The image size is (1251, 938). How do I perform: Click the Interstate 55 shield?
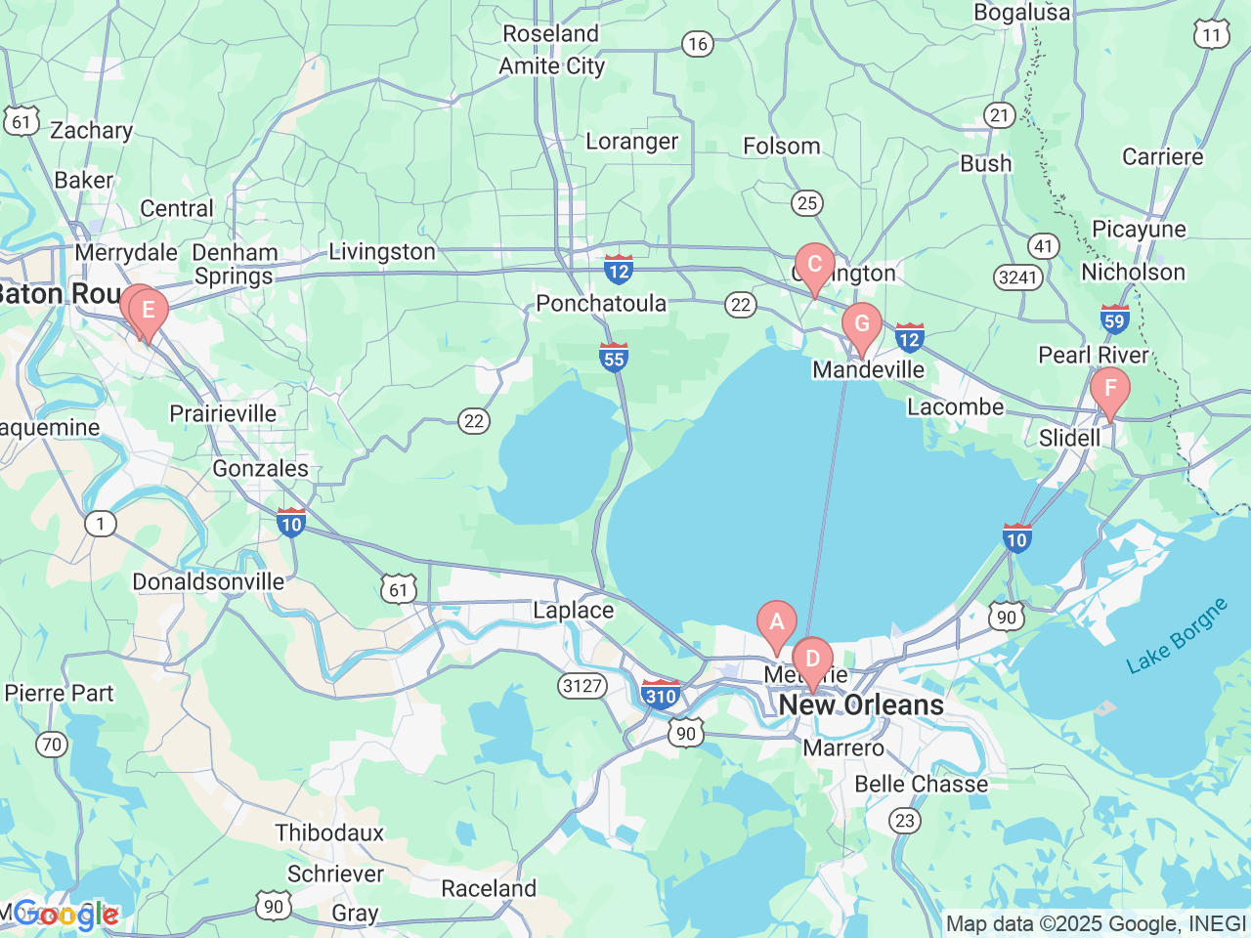pyautogui.click(x=614, y=358)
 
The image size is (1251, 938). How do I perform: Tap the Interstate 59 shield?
pyautogui.click(x=1114, y=319)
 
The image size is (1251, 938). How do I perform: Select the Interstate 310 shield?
pyautogui.click(x=662, y=695)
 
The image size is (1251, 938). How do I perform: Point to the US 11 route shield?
pyautogui.click(x=1211, y=35)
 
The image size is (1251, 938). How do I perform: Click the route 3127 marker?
pyautogui.click(x=582, y=686)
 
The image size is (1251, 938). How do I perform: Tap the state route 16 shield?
pyautogui.click(x=697, y=44)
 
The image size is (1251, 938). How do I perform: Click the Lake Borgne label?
pyautogui.click(x=1177, y=636)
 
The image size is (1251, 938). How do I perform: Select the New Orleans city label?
pyautogui.click(x=861, y=705)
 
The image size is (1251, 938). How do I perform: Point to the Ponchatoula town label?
pyautogui.click(x=601, y=304)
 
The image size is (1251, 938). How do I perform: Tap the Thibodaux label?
pyautogui.click(x=329, y=833)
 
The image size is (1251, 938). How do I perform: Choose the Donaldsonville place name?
pyautogui.click(x=208, y=582)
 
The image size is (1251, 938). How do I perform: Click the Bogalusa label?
pyautogui.click(x=1021, y=13)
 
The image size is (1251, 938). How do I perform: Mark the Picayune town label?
pyautogui.click(x=1139, y=230)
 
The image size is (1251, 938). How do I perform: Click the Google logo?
pyautogui.click(x=65, y=915)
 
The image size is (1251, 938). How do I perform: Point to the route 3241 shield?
pyautogui.click(x=1017, y=277)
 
